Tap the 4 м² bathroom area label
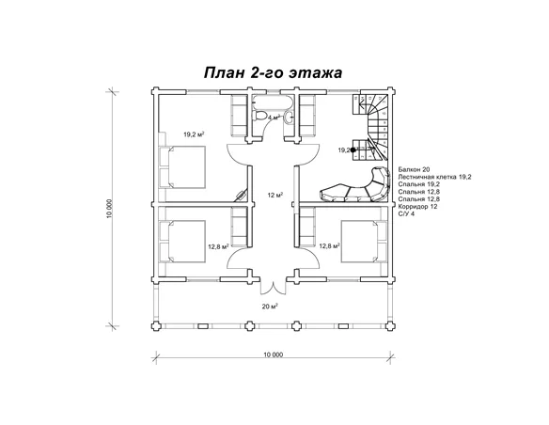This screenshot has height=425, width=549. coord(274,118)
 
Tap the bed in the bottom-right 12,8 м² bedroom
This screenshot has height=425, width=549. coord(363,242)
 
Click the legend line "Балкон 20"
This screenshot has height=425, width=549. coord(414,167)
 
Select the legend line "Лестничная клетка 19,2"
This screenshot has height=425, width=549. coord(434,176)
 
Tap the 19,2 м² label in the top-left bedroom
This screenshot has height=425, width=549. coord(195,134)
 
